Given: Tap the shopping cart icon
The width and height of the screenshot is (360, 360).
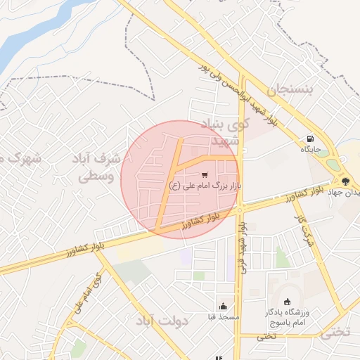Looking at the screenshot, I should (205, 174).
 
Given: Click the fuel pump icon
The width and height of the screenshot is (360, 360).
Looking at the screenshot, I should (310, 139).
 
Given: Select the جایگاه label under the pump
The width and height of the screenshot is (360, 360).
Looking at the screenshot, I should (311, 150).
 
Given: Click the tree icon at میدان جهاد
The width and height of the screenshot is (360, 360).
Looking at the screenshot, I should (345, 181).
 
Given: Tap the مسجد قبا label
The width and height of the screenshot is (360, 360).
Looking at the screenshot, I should (223, 317).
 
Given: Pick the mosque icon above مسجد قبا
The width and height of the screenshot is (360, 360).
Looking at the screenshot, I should (223, 306).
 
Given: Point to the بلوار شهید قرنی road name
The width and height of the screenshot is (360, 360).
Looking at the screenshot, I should (243, 245).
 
